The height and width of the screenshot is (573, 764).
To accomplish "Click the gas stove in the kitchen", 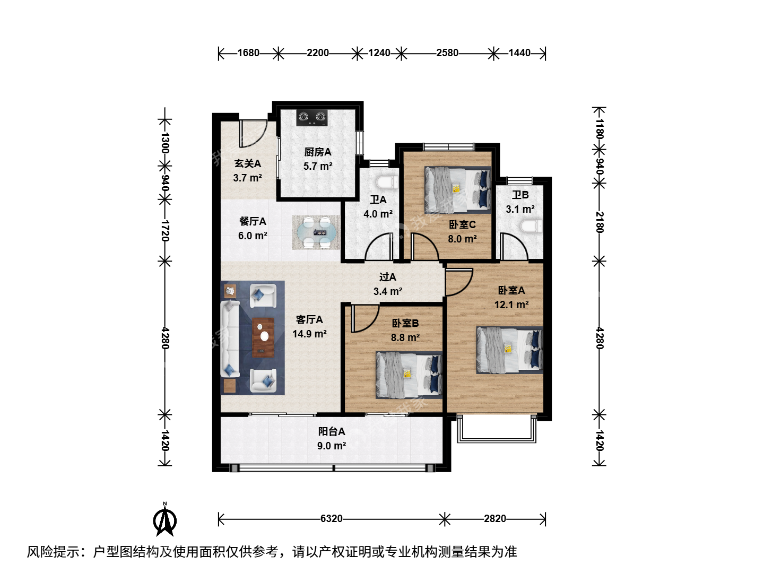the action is click(x=312, y=118).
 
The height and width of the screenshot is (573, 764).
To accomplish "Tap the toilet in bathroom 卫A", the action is click(x=387, y=183).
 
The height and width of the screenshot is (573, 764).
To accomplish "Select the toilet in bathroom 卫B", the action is click(x=531, y=227).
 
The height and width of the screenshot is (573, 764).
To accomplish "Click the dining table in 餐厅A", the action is click(x=316, y=232).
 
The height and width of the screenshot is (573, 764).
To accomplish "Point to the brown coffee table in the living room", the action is click(x=263, y=337).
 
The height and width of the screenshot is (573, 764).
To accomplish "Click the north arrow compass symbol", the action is click(x=164, y=520).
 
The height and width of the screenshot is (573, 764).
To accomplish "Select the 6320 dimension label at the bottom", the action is click(x=331, y=519).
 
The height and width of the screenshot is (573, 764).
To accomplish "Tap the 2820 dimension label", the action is click(x=494, y=519).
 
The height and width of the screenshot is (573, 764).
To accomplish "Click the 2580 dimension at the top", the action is click(x=447, y=53).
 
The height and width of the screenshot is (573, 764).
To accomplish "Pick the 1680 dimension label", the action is click(x=248, y=53).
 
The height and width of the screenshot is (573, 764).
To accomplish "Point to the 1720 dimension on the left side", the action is click(x=164, y=230).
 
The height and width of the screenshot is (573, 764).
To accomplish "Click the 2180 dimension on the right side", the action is click(x=599, y=222).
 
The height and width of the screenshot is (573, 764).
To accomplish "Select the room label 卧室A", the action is click(x=511, y=290).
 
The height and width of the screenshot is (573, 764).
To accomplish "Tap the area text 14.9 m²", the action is click(x=309, y=334).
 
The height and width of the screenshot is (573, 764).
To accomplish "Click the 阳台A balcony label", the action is click(x=332, y=431).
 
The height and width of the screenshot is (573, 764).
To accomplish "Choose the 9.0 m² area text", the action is click(x=332, y=446).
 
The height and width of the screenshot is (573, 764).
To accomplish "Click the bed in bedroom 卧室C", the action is click(x=458, y=190).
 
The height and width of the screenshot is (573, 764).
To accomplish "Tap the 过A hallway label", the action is click(x=387, y=277).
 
